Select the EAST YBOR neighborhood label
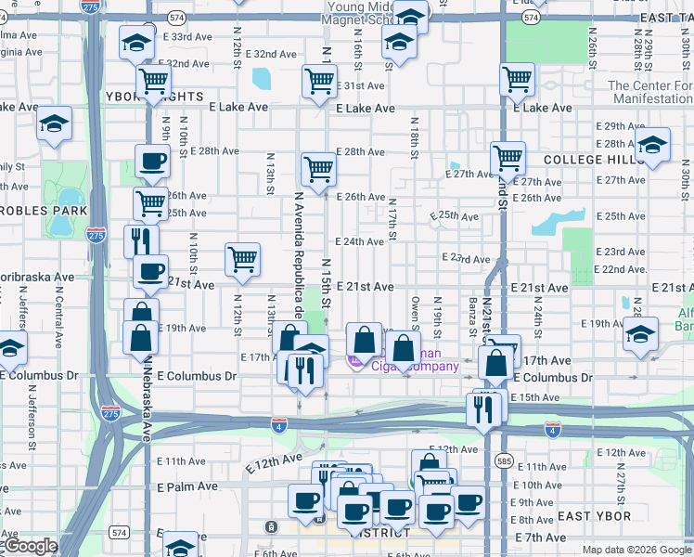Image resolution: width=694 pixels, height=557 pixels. pos(595,516)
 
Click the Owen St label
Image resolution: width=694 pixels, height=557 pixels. pos(416,316)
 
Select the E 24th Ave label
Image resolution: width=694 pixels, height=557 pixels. pos(359,241)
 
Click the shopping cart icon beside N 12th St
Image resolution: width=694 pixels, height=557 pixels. pos(242,259)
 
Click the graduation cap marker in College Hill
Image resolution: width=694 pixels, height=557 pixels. pos(652,144)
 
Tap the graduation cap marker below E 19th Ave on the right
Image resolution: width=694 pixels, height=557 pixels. pos(639,333)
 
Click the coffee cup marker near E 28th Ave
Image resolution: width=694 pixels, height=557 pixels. pos(151,160)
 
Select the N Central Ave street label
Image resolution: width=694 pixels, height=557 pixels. pos(58,316)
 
